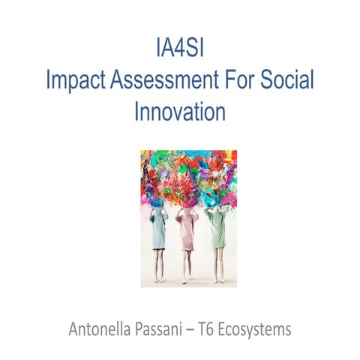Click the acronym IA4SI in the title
(x=180, y=49)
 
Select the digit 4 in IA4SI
(x=180, y=49)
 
